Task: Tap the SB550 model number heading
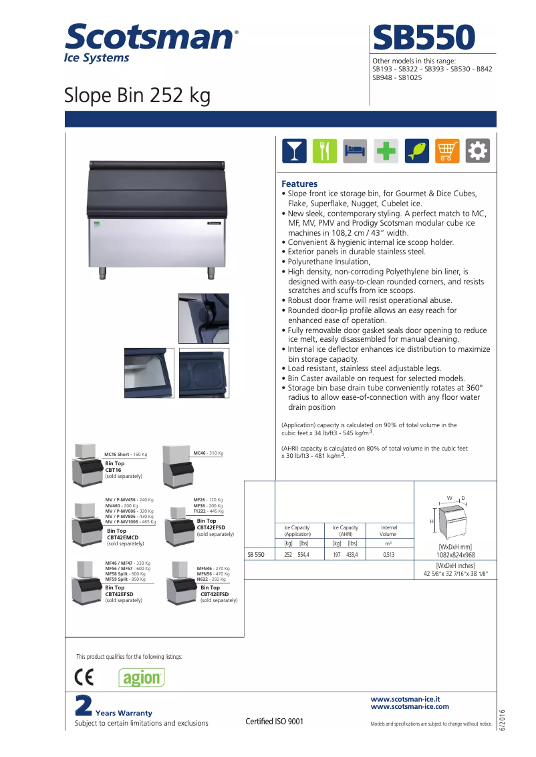pos(424,37)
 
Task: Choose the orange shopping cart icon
pos(447,151)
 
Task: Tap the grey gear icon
pos(478,151)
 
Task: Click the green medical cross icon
pos(386,151)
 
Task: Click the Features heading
pos(299,184)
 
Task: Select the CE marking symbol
pos(85,678)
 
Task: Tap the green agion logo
pos(142,678)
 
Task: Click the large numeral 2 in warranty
pos(83,706)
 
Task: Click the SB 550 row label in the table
pos(256,555)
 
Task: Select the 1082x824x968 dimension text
pos(455,555)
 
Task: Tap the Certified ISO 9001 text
pos(274,722)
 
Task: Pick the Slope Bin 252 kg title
pos(137,95)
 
